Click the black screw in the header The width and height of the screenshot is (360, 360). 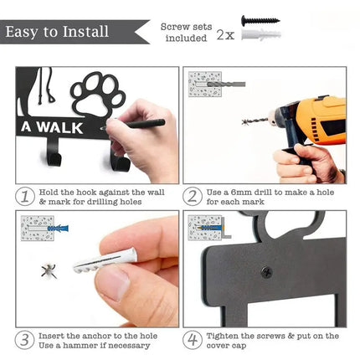click(x=260, y=20)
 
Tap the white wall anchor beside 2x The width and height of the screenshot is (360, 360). click(x=261, y=34)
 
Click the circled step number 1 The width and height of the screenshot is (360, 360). click(x=25, y=197)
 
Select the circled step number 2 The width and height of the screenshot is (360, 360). click(x=193, y=197)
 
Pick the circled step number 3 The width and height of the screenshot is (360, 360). click(x=25, y=340)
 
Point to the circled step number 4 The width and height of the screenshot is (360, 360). click(x=193, y=340)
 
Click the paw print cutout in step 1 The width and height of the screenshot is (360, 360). click(x=98, y=95)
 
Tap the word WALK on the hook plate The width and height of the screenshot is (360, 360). click(x=60, y=127)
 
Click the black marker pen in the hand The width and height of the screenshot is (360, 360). click(x=133, y=124)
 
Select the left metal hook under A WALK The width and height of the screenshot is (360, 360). click(x=54, y=153)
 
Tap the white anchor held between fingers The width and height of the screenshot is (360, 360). click(x=105, y=261)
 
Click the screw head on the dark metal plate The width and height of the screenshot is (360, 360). click(x=266, y=272)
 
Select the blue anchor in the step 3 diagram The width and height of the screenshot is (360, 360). click(x=58, y=229)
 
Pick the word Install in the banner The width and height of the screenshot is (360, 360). click(x=85, y=31)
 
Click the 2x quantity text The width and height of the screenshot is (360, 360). click(x=225, y=35)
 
